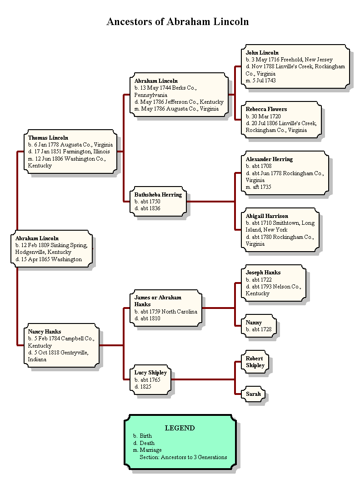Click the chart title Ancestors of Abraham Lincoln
point(177,21)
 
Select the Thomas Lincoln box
point(70,152)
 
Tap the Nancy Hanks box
point(61,345)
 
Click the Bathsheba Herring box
point(158,201)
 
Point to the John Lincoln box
point(295,66)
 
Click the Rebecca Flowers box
point(281,119)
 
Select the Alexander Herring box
point(285,173)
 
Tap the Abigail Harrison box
point(280,230)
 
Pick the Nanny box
point(258,326)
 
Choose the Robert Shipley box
point(255,362)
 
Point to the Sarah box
point(254,394)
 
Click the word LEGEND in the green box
point(180,428)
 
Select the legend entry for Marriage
point(147,450)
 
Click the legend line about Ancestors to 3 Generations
point(183,457)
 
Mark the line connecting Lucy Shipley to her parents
point(203,379)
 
